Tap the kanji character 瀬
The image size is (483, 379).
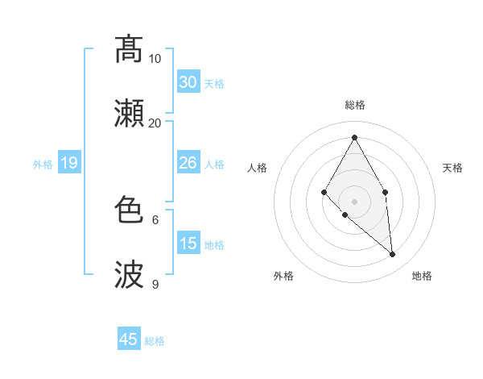pos(129,114)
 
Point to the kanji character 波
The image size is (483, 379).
pos(129,275)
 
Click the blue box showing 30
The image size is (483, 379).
pos(188,82)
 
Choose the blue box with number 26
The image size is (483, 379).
pos(188,164)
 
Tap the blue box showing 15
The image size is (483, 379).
pos(188,244)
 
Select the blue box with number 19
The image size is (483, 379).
pos(68,164)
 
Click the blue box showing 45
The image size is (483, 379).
pos(129,339)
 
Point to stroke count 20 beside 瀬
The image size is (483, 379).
pos(155,123)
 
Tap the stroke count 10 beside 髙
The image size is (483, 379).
pos(155,58)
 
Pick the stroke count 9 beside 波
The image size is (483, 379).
pos(155,284)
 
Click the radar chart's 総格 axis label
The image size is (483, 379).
pos(355,105)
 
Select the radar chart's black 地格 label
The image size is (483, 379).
pos(422,276)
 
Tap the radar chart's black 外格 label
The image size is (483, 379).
pos(283,276)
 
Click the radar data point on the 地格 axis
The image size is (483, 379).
pos(393,255)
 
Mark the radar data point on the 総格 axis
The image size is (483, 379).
pos(354,137)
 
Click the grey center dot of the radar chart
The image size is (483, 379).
pos(354,201)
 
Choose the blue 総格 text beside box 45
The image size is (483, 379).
pos(155,341)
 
